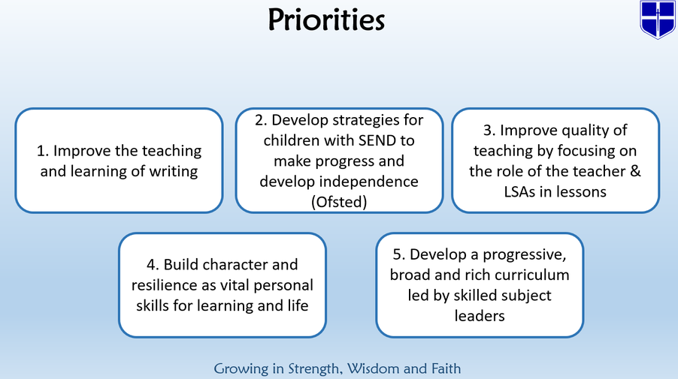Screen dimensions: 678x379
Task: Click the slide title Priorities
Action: click(x=326, y=20)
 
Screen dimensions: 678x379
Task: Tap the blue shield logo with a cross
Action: click(x=658, y=20)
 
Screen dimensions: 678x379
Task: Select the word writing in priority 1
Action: click(x=174, y=171)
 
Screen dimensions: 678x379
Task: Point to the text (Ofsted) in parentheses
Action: click(x=339, y=202)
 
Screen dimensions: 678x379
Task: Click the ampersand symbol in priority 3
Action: click(x=635, y=171)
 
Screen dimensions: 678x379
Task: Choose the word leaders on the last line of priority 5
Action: click(x=480, y=316)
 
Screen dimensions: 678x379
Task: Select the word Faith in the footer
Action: click(x=446, y=368)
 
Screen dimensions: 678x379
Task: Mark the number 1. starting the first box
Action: click(x=42, y=151)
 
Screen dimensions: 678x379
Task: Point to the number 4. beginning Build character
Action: click(x=153, y=265)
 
